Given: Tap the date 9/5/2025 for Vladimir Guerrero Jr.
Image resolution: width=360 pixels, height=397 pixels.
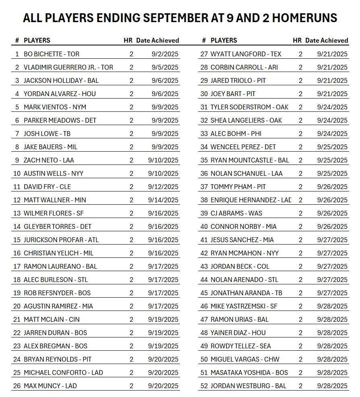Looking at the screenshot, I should pos(165,67).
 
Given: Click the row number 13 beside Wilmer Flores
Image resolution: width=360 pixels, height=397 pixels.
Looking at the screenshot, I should pos(17,213).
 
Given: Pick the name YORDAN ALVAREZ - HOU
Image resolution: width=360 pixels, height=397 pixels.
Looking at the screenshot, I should pos(60,94).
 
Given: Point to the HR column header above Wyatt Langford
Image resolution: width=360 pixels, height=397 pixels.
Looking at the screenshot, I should pos(297,40).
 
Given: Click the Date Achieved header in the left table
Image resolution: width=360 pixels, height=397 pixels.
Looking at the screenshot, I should pos(157,40).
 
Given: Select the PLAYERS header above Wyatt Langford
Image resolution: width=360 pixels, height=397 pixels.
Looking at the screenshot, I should pos(224,40).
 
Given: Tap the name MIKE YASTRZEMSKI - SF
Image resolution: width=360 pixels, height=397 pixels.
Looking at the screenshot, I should pos(244,306).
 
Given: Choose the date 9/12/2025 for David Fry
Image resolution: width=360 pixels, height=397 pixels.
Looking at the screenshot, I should pos(163,187).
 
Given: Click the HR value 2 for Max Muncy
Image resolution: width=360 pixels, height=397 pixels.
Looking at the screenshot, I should pos(131,386).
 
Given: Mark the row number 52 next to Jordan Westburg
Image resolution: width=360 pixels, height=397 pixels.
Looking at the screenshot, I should pos(204,386).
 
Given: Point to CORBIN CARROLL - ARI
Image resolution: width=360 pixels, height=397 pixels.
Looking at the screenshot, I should pos(244,67).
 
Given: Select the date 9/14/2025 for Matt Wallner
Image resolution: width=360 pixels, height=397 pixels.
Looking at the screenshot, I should pos(163,200).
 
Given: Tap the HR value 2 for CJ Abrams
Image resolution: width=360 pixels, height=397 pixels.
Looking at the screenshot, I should pos(300,213).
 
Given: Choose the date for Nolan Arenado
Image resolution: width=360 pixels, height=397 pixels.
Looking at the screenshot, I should pos(332,280).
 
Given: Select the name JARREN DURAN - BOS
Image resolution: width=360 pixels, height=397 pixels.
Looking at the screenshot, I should pos(55,333).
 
